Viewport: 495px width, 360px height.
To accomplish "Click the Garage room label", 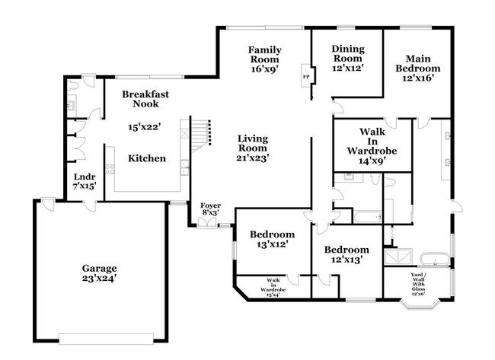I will [x=99, y=269].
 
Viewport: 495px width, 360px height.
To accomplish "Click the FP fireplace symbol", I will [x=306, y=77].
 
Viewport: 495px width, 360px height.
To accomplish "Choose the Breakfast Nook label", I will [x=145, y=99].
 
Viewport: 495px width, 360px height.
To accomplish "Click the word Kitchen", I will [x=146, y=158].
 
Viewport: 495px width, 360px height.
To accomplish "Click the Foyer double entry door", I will [x=206, y=223].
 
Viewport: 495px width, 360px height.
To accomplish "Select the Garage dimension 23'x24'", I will [x=99, y=279].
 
